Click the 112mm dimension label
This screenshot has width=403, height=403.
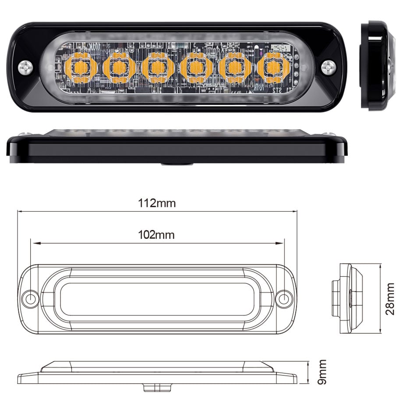point(157,203)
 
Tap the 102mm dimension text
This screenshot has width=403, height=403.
point(156,235)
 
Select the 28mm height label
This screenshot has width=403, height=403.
point(390,299)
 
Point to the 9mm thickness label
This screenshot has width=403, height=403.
point(322,372)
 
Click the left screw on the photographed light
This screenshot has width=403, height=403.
point(26,67)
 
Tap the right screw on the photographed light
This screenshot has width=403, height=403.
point(329,67)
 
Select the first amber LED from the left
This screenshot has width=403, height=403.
point(80,68)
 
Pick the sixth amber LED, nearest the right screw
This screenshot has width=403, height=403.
point(273,68)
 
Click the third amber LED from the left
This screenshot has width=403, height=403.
point(158,68)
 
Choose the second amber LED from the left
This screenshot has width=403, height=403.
point(119,68)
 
